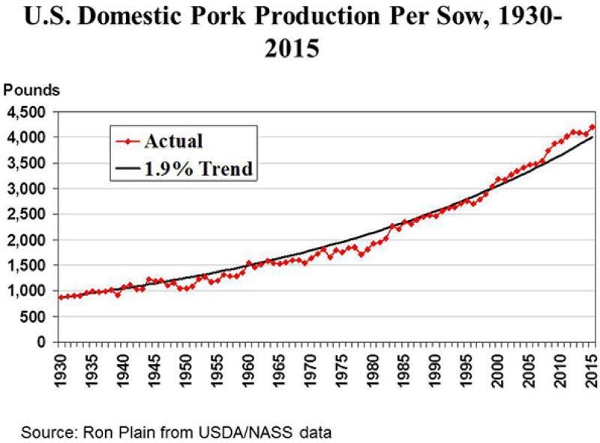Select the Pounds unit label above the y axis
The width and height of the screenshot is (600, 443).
(32, 90)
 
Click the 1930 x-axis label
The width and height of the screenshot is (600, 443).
(61, 369)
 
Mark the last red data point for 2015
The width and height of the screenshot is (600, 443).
(592, 127)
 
